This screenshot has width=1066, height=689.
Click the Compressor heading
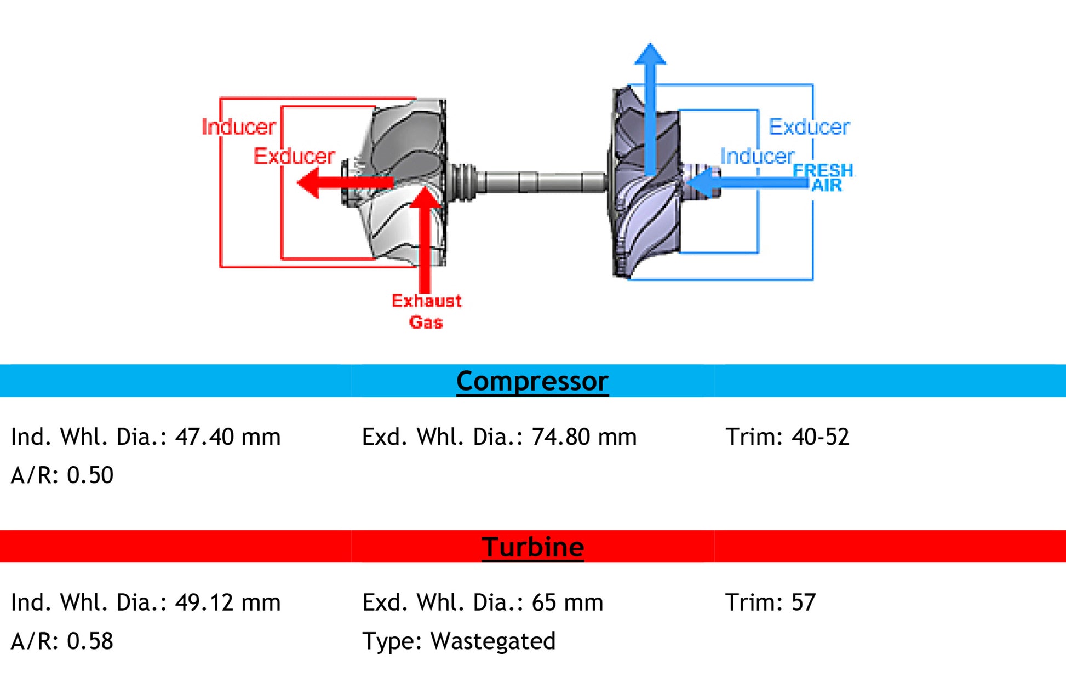pos(532,381)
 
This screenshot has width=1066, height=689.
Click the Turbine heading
pos(532,547)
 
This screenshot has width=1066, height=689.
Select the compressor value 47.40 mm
pos(227,437)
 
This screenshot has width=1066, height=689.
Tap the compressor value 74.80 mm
pos(584,437)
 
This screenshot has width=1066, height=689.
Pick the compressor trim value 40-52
pos(820,437)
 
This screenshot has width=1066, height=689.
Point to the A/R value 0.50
pos(90,475)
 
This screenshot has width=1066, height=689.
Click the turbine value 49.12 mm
pos(227,602)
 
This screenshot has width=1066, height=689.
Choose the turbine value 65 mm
pos(567,602)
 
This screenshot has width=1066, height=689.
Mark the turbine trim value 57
pos(804,602)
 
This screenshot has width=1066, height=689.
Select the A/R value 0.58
pos(90,641)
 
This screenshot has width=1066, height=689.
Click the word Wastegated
pos(493,641)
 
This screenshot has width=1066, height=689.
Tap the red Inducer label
pos(238,127)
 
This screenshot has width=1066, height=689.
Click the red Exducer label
pos(294,157)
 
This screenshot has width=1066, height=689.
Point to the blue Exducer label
pos(809,127)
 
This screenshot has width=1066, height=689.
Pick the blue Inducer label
pos(757,157)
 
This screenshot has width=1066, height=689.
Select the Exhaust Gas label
pos(426,311)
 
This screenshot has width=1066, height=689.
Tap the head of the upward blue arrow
pos(650,55)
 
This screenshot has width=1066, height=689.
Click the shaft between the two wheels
pos(540,182)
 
